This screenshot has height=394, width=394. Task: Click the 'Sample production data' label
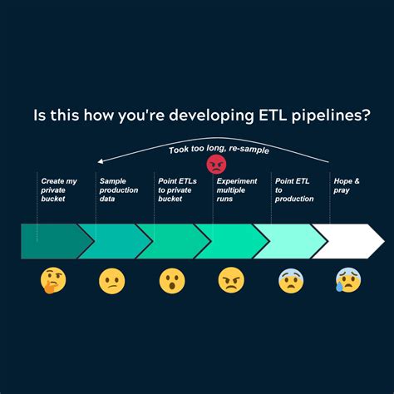[x=118, y=190]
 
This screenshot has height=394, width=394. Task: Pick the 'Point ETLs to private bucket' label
[x=176, y=190]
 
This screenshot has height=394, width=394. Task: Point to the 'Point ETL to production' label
[x=294, y=190]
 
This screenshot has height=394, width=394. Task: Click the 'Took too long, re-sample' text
[x=219, y=150]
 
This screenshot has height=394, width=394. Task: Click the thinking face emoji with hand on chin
[x=52, y=281]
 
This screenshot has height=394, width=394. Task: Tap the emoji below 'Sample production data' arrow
[x=111, y=281]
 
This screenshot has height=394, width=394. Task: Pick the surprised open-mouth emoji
[x=171, y=281]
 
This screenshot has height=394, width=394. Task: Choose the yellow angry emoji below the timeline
[x=230, y=281]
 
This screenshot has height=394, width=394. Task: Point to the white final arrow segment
[x=345, y=241]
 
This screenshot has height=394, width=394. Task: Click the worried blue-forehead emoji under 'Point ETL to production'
[x=290, y=281]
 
